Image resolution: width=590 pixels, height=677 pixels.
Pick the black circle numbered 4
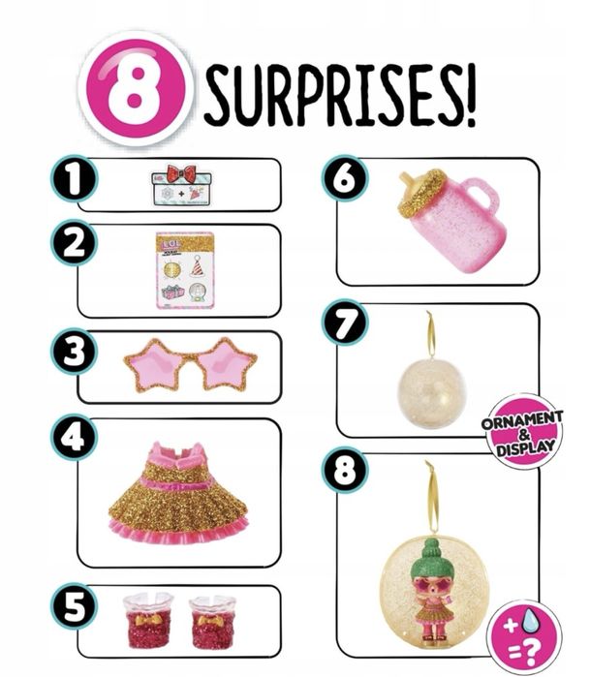(73, 439)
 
